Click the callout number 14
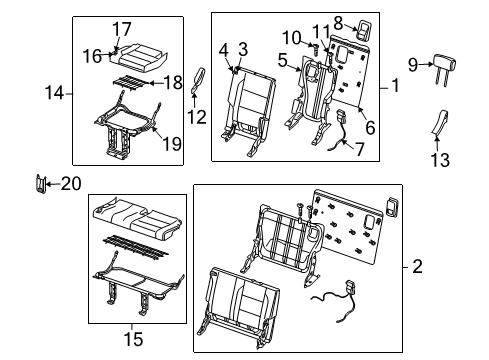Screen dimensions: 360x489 pyautogui.click(x=55, y=93)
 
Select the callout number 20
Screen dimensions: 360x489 pyautogui.click(x=69, y=182)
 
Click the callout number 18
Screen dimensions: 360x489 pyautogui.click(x=172, y=82)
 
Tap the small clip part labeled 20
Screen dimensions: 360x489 pyautogui.click(x=41, y=183)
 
